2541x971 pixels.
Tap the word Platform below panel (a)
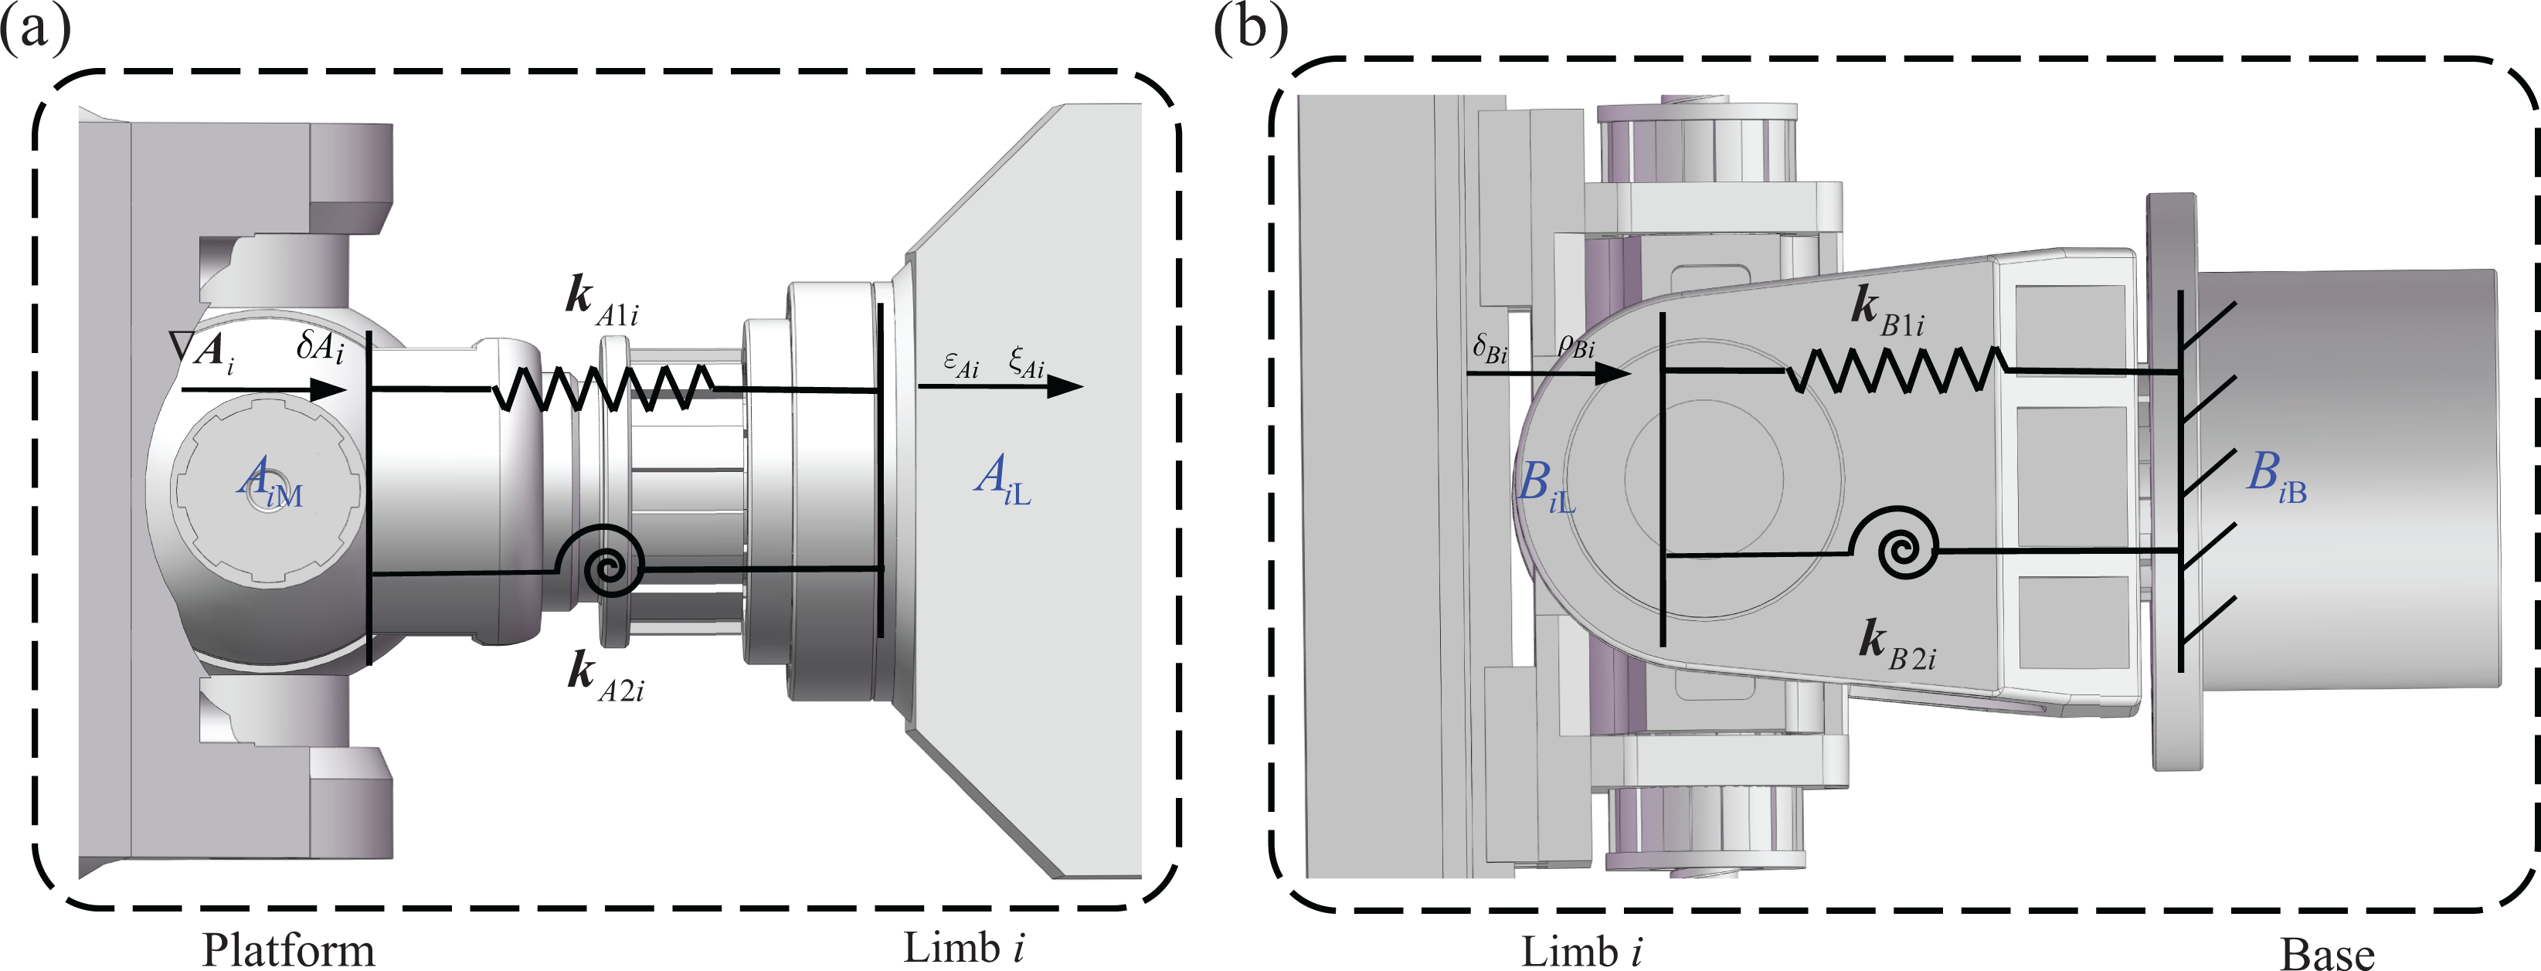pyautogui.click(x=288, y=949)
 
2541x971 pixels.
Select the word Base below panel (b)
pyautogui.click(x=2327, y=952)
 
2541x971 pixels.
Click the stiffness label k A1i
pyautogui.click(x=602, y=300)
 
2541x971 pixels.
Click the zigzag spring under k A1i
pyautogui.click(x=603, y=389)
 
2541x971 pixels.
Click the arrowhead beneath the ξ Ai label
pyautogui.click(x=1065, y=386)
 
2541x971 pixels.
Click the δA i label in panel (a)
pyautogui.click(x=321, y=346)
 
